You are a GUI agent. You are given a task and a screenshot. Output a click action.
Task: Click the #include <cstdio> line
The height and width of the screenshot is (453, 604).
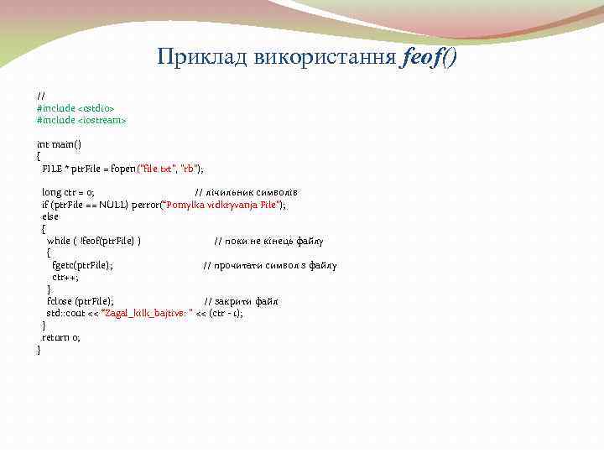[x=75, y=108]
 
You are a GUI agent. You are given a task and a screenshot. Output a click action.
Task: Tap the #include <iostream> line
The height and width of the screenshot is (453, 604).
[x=81, y=120]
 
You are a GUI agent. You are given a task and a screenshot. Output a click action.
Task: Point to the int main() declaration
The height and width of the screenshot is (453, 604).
[x=59, y=144]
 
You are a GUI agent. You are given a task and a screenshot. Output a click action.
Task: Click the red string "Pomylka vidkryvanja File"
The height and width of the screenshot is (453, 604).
[x=223, y=205]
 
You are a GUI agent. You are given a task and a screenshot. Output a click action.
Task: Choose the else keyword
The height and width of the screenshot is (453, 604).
[x=50, y=216]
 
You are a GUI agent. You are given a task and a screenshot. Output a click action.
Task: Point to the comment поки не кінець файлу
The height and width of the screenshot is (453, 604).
[x=268, y=241]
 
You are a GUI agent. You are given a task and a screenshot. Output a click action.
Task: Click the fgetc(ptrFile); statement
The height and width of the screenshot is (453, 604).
[x=82, y=265]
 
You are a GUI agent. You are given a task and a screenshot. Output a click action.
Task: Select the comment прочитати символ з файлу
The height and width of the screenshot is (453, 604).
[x=269, y=265]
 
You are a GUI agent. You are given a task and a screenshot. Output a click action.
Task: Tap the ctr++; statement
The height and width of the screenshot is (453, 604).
[x=65, y=277]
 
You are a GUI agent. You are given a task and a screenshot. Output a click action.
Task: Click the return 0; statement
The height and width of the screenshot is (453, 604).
[x=61, y=337]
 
